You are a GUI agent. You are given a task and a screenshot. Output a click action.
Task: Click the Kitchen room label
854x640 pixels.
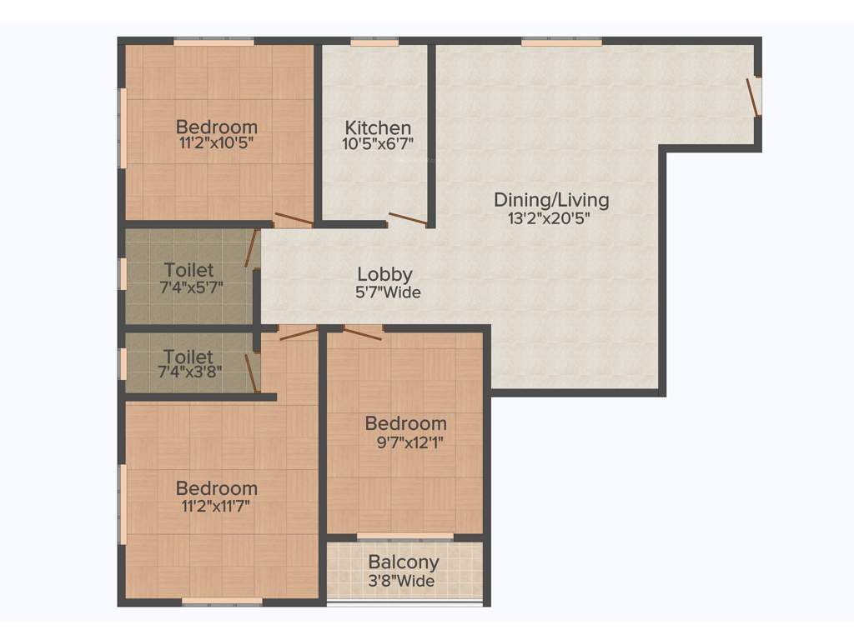click(378, 128)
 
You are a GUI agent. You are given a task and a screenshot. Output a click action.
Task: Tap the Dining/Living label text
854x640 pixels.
click(551, 200)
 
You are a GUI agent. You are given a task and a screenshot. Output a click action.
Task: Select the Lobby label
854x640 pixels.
click(384, 274)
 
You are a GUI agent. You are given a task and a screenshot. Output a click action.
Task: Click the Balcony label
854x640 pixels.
click(404, 562)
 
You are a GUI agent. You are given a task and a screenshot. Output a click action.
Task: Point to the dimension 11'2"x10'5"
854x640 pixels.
click(216, 142)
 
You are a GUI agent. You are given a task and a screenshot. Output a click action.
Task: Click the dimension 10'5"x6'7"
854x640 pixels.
click(379, 143)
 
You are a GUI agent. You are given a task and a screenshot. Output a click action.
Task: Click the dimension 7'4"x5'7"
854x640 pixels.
click(190, 287)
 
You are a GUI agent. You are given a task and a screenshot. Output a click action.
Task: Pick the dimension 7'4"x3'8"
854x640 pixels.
click(189, 372)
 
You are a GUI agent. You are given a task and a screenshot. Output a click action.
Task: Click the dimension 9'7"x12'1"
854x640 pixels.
click(410, 442)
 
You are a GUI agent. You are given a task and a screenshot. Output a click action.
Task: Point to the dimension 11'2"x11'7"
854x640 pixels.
click(216, 505)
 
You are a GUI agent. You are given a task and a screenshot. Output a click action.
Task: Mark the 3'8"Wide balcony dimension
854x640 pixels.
click(403, 581)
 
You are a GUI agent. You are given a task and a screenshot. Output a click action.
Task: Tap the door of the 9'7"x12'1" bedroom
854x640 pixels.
click(363, 332)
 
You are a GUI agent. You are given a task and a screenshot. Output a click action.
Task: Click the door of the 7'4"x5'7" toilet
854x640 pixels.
click(251, 248)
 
